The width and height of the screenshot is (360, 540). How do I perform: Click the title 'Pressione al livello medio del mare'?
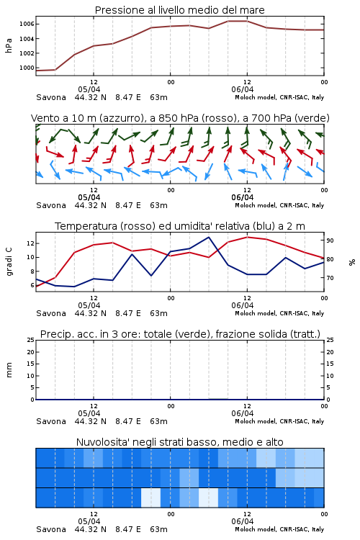(179, 10)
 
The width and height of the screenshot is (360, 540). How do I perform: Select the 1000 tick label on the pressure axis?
(27, 68)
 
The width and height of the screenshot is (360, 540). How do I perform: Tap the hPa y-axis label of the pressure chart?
(9, 45)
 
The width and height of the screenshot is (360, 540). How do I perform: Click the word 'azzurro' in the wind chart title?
(121, 118)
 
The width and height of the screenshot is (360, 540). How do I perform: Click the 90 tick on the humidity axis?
(330, 240)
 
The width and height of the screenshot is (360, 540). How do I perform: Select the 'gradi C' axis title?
(9, 261)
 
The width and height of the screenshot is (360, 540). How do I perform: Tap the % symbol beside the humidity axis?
(352, 262)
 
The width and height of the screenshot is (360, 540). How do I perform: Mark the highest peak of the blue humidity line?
(208, 237)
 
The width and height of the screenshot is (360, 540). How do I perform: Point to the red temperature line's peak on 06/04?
(247, 237)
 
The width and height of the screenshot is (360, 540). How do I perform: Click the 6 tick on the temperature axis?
(32, 285)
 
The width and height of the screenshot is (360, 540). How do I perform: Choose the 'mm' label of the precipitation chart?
(9, 370)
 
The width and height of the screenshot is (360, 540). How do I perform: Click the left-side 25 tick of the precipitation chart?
(31, 340)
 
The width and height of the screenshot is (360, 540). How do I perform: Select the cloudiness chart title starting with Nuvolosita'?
(179, 442)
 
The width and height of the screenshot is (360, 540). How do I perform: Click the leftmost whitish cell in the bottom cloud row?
(151, 498)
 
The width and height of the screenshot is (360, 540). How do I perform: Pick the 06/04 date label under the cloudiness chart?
(243, 521)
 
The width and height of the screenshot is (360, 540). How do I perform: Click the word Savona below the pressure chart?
(51, 97)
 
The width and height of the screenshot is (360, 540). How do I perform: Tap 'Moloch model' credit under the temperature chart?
(256, 313)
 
